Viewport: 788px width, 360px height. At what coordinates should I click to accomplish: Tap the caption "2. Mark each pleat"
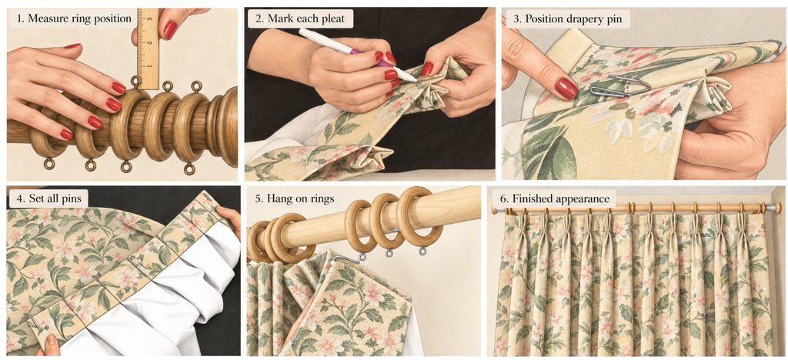click(x=299, y=19)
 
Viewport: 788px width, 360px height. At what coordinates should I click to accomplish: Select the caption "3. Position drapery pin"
click(x=567, y=19)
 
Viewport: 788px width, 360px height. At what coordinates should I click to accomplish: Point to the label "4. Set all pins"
click(x=48, y=198)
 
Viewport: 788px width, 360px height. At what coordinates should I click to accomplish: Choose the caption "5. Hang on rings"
click(x=294, y=198)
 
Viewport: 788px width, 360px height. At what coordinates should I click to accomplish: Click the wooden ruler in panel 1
click(x=148, y=48)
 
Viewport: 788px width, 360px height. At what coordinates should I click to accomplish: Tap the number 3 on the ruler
click(x=149, y=19)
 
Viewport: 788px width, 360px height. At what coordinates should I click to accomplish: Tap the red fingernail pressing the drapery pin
click(x=566, y=88)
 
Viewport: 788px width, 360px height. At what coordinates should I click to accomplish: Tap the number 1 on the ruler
click(x=149, y=65)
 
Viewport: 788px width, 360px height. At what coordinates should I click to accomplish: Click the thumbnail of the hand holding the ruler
click(x=170, y=30)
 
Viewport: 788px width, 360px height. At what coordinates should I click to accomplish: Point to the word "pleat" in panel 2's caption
click(x=332, y=19)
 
